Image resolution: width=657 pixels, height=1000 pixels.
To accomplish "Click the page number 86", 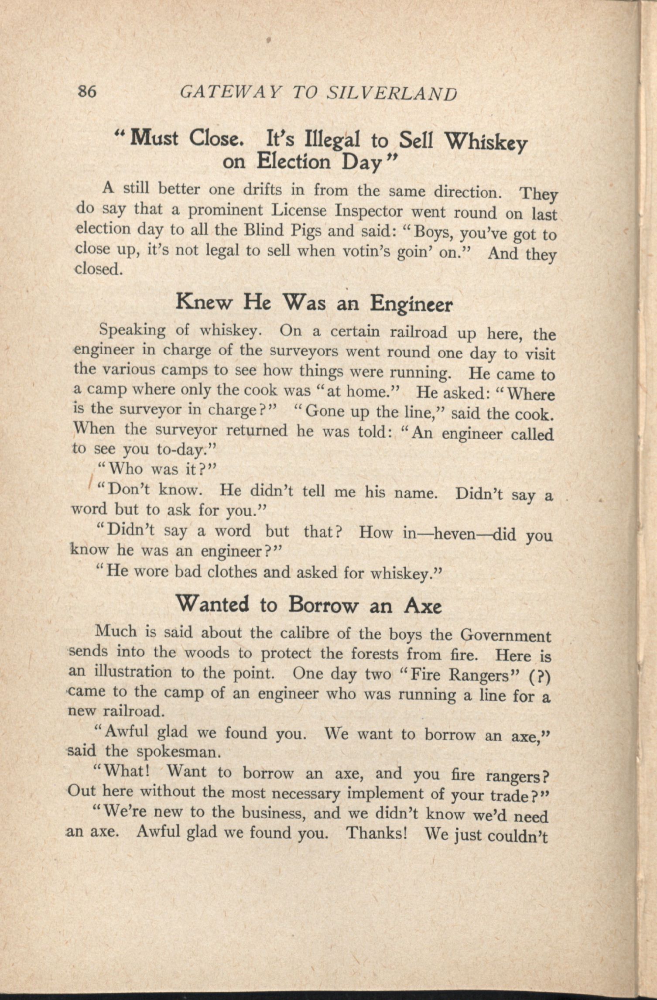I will click(86, 92).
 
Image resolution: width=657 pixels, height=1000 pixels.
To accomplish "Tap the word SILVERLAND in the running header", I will click(392, 93).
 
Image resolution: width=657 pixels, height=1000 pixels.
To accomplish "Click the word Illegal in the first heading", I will click(332, 140).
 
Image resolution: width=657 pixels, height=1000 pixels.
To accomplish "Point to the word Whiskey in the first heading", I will click(485, 143).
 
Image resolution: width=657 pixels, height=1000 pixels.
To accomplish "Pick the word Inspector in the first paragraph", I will click(369, 211).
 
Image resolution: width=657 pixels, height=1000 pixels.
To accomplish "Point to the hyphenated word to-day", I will click(183, 449).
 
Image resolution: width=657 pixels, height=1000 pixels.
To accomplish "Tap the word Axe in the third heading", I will click(423, 606).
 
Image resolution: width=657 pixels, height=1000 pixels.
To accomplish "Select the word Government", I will click(506, 636).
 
